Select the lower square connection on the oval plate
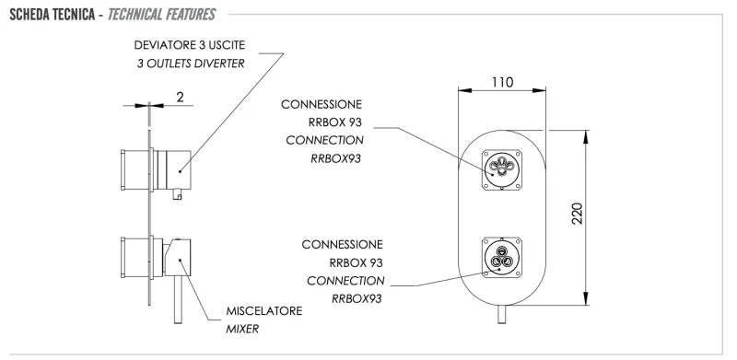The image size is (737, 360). pos(501,257)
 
